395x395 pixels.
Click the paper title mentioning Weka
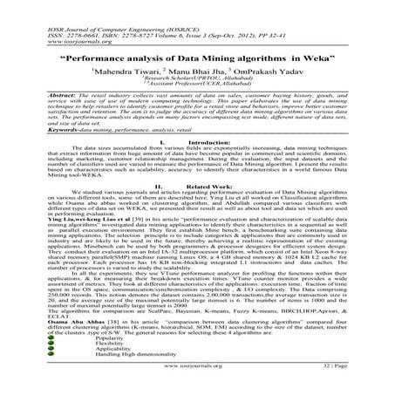[197, 54]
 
